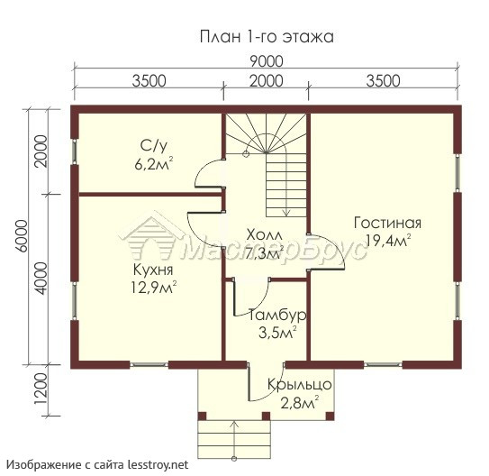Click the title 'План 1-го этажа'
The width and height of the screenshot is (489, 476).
[267, 37]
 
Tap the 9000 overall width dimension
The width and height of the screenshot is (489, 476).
[267, 61]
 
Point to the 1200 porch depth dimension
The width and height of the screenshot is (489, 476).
[41, 389]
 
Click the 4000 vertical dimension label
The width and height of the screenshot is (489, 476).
[41, 279]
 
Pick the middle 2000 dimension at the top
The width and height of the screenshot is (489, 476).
[267, 81]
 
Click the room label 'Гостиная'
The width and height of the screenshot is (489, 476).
[387, 224]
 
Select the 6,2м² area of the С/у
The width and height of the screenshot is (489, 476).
[154, 163]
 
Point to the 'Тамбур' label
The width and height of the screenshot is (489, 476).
[277, 316]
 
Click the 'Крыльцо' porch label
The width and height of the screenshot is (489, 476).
[300, 385]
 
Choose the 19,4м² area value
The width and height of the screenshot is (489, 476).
[388, 240]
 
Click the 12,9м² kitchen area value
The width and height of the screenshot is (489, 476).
[153, 288]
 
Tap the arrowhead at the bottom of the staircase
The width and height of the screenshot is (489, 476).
[286, 214]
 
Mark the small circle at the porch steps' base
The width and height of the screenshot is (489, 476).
[234, 459]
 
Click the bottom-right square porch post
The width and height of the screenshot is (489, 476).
[331, 416]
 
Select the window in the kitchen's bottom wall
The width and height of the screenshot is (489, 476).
[149, 364]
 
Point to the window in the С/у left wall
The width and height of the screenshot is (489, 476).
[75, 151]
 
